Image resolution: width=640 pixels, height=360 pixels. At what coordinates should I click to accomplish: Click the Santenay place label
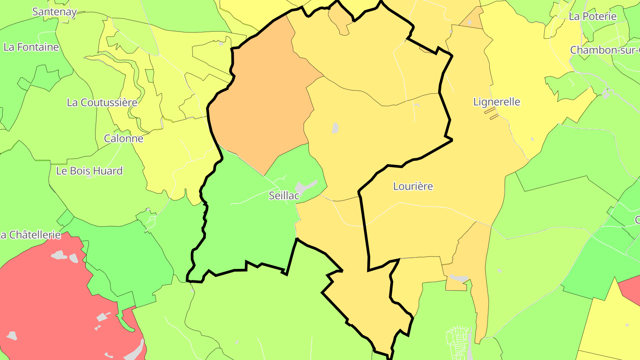pyautogui.click(x=54, y=12)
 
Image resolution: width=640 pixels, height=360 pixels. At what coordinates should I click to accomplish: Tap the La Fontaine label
pyautogui.click(x=31, y=47)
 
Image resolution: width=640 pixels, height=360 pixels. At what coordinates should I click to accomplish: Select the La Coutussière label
pyautogui.click(x=102, y=103)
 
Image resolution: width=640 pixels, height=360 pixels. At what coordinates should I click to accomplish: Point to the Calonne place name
pyautogui.click(x=124, y=138)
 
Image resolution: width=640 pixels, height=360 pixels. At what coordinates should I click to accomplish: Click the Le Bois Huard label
pyautogui.click(x=89, y=171)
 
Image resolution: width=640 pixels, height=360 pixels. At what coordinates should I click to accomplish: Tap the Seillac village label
pyautogui.click(x=284, y=196)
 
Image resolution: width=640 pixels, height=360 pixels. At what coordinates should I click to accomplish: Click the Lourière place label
pyautogui.click(x=413, y=186)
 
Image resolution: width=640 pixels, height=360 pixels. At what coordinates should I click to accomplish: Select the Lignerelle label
pyautogui.click(x=496, y=102)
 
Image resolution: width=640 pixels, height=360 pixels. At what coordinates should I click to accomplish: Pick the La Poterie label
pyautogui.click(x=592, y=16)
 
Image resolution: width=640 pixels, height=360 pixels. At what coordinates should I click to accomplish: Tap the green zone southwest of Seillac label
pyautogui.click(x=249, y=231)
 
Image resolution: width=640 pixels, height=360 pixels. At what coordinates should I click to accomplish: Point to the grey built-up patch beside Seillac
pyautogui.click(x=307, y=187)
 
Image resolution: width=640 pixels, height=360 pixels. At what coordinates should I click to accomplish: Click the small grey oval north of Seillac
pyautogui.click(x=335, y=128)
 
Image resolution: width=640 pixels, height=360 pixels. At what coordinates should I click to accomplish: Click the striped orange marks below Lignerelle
pyautogui.click(x=491, y=113)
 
